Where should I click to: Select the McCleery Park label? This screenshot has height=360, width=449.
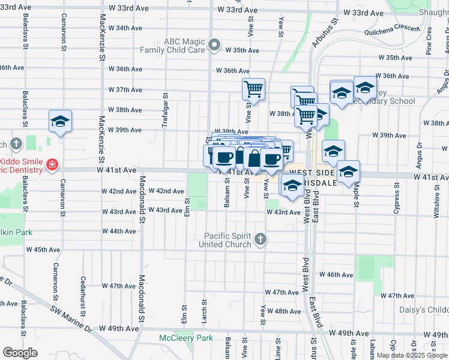pos(186,338)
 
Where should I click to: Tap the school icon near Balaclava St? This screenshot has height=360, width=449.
pos(60,122)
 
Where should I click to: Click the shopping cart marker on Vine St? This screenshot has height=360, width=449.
pos(253,89)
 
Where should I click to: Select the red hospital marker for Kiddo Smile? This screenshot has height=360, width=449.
pos(52,164)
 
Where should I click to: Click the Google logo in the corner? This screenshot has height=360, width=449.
pos(20,353)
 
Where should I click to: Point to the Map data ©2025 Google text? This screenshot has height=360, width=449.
pos(412,355)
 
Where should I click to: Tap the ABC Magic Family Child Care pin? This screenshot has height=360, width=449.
pos(214,46)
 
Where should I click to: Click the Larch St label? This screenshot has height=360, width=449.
pos(205,311)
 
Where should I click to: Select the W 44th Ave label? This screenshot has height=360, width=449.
pos(119,231)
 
